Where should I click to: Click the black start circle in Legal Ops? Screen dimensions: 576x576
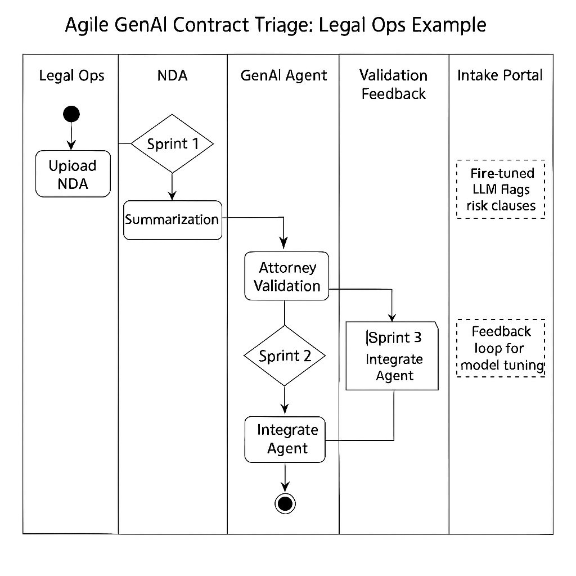click(x=71, y=114)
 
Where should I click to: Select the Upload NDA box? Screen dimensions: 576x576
click(x=73, y=174)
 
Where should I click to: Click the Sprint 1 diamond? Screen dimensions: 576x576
click(x=173, y=143)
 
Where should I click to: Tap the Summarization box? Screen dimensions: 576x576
click(x=172, y=220)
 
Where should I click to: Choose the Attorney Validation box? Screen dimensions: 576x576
click(x=286, y=276)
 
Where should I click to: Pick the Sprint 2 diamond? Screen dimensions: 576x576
click(x=285, y=355)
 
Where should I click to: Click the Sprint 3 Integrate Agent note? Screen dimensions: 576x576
click(x=393, y=355)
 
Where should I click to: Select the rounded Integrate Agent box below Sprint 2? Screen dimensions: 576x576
click(x=285, y=439)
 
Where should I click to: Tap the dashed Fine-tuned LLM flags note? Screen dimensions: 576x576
click(x=500, y=189)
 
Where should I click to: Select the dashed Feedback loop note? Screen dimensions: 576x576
click(x=500, y=348)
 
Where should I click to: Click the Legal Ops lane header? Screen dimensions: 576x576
click(x=71, y=75)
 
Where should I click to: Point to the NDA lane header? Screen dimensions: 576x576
click(x=172, y=75)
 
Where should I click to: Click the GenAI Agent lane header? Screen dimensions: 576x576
click(x=283, y=75)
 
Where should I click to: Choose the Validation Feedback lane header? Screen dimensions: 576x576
click(x=393, y=84)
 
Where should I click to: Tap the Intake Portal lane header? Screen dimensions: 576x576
click(x=500, y=75)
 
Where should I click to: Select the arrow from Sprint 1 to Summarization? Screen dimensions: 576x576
click(x=173, y=186)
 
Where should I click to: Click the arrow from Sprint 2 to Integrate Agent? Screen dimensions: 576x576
click(x=285, y=400)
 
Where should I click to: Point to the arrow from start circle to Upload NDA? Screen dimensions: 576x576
click(x=71, y=136)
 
